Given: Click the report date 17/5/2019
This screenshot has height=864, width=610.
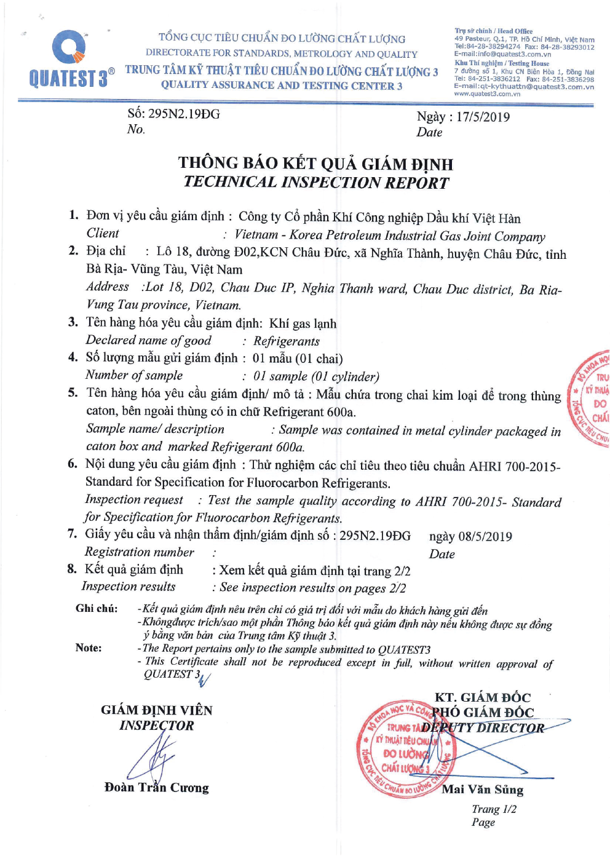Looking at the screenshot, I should click(x=483, y=117).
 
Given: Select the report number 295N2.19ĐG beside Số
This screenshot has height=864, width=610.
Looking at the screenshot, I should click(x=184, y=114).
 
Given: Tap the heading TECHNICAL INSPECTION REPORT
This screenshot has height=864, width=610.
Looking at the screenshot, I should click(x=316, y=183).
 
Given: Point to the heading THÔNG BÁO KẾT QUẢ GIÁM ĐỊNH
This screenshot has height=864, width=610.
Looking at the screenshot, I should click(x=315, y=164).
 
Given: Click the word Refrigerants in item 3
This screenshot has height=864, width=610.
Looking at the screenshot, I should click(x=287, y=341).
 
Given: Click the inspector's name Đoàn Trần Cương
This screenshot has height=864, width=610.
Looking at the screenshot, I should click(x=157, y=788).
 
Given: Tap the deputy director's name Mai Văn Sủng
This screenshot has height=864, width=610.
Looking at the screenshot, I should click(x=482, y=790).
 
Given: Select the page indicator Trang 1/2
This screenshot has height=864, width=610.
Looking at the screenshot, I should click(x=494, y=809).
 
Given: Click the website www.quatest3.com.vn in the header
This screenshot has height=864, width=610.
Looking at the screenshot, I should click(x=487, y=94).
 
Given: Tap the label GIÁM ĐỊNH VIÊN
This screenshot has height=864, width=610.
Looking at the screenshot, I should click(x=157, y=710).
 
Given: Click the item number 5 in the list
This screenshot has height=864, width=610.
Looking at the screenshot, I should click(x=73, y=393).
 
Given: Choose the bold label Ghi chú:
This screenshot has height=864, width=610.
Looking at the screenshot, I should click(x=97, y=608).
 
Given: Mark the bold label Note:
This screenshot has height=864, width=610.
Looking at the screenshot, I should click(x=89, y=648).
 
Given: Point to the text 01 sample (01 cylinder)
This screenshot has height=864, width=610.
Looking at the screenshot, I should click(x=316, y=376).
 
